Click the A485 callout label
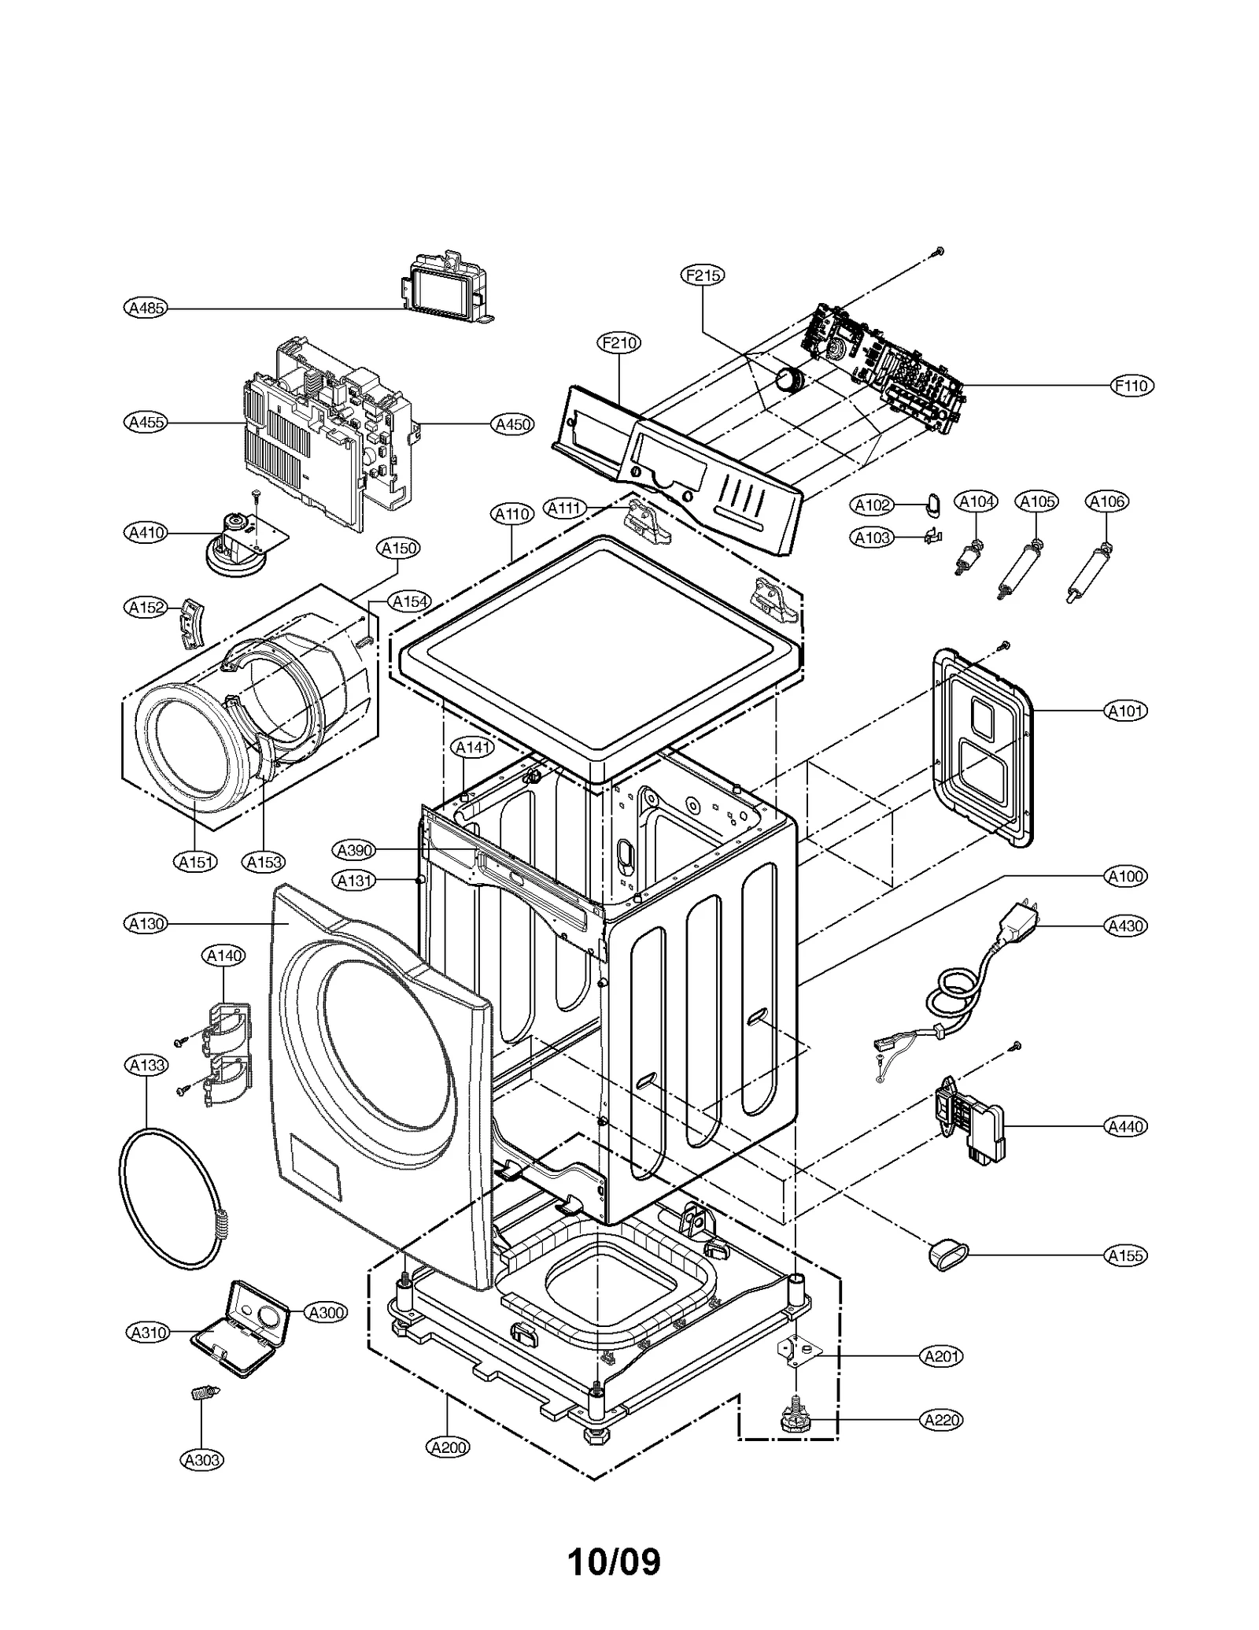click(x=146, y=308)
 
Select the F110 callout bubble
click(x=1132, y=386)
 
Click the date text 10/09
click(x=614, y=1561)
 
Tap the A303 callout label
click(x=202, y=1460)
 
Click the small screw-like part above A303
click(x=204, y=1393)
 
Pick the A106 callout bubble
click(x=1106, y=501)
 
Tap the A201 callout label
click(x=941, y=1356)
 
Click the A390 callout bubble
click(x=354, y=850)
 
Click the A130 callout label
click(x=146, y=923)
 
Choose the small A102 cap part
click(x=933, y=503)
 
